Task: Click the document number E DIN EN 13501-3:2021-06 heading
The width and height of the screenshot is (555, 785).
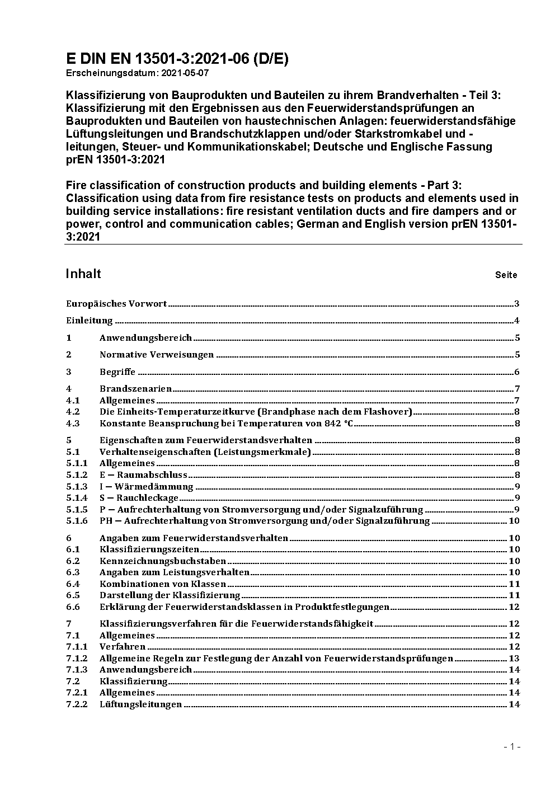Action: point(177,59)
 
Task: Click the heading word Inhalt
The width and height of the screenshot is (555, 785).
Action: point(83,274)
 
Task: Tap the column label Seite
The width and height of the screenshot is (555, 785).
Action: point(506,275)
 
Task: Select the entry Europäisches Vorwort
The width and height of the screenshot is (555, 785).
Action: point(116,304)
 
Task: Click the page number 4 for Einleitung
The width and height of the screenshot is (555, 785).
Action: point(517,321)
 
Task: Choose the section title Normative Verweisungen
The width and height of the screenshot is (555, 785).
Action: point(157,355)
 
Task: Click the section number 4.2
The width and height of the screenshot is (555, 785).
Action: point(73,412)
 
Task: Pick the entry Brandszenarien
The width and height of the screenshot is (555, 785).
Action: point(135,389)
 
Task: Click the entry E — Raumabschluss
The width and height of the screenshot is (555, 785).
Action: point(143,475)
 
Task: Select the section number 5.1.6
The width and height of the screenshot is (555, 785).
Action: point(77,521)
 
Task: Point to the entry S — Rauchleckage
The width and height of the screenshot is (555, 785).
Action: point(139,498)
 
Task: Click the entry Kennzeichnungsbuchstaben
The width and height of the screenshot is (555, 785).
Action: point(163,561)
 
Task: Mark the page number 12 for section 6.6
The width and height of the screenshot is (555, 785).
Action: point(514,607)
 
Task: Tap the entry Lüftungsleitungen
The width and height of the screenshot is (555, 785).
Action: point(140,704)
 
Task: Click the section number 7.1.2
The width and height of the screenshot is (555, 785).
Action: point(77,659)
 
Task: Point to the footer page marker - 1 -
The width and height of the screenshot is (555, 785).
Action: point(512,747)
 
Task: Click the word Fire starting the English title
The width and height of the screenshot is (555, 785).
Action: point(76,185)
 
